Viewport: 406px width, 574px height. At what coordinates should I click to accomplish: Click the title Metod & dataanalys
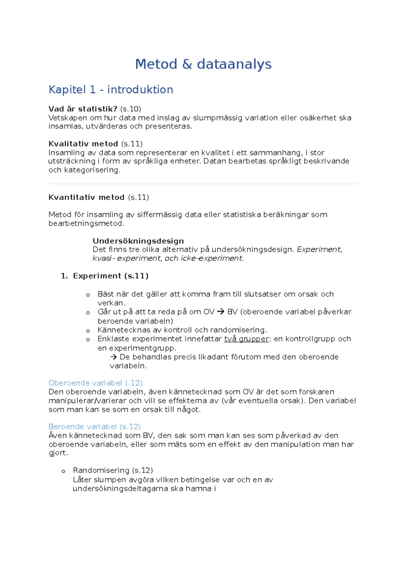coord(203,64)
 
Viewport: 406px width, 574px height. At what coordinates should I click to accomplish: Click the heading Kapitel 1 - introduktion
coord(111,90)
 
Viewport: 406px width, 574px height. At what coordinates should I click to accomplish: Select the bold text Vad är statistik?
coord(83,109)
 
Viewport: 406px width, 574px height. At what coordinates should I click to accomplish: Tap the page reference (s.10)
coord(131,109)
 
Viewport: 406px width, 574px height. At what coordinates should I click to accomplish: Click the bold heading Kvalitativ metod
coord(83,144)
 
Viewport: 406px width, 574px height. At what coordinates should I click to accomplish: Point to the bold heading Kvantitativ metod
coord(86,197)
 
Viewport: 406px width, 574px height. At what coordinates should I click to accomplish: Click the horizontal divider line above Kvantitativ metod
coord(203,184)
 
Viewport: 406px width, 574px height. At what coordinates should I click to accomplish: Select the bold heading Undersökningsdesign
coord(138,241)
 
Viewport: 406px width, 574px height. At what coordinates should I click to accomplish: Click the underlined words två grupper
coord(246,339)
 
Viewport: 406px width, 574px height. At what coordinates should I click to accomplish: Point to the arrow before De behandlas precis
coord(113,357)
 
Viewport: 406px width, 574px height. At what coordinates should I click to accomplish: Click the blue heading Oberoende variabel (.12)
coord(95,383)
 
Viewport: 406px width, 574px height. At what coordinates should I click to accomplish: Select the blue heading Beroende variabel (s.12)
coord(94,427)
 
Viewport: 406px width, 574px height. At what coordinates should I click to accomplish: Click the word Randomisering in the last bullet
coord(101,471)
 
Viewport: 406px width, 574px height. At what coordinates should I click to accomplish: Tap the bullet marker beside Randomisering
coord(63,471)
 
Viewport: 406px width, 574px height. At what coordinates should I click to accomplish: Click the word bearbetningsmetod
coord(86,223)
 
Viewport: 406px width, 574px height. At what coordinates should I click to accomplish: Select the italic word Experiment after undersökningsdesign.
coord(318,249)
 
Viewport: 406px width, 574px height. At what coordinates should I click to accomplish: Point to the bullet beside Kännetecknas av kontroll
coord(88,331)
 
